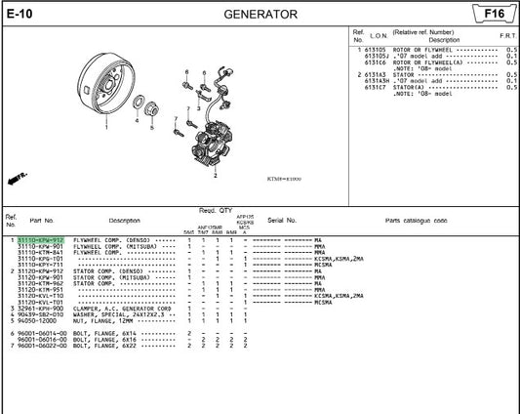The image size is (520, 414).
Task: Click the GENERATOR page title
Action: click(260, 15)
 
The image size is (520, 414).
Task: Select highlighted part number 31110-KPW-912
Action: click(41, 239)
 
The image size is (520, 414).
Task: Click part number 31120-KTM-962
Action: click(41, 283)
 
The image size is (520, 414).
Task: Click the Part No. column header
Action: click(42, 221)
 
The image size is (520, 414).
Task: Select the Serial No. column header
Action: click(282, 221)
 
